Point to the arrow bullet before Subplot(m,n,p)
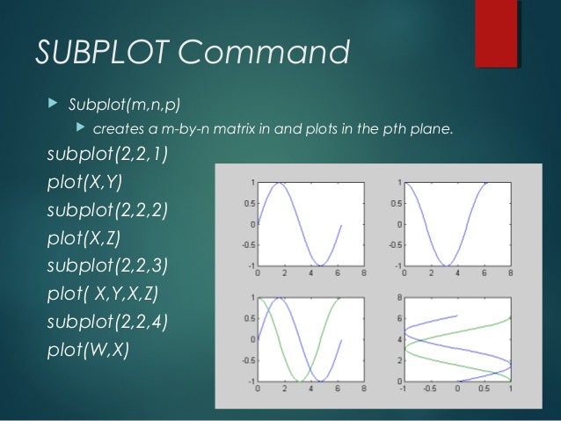pyautogui.click(x=49, y=106)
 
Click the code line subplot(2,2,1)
pyautogui.click(x=109, y=157)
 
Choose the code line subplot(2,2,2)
pyautogui.click(x=109, y=212)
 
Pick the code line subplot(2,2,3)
pyautogui.click(x=109, y=266)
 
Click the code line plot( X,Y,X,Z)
pyautogui.click(x=103, y=294)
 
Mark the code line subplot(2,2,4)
pyautogui.click(x=109, y=321)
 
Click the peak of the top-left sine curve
pyautogui.click(x=278, y=183)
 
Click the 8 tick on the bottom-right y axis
pyautogui.click(x=397, y=298)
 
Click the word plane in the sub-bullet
pyautogui.click(x=435, y=131)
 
